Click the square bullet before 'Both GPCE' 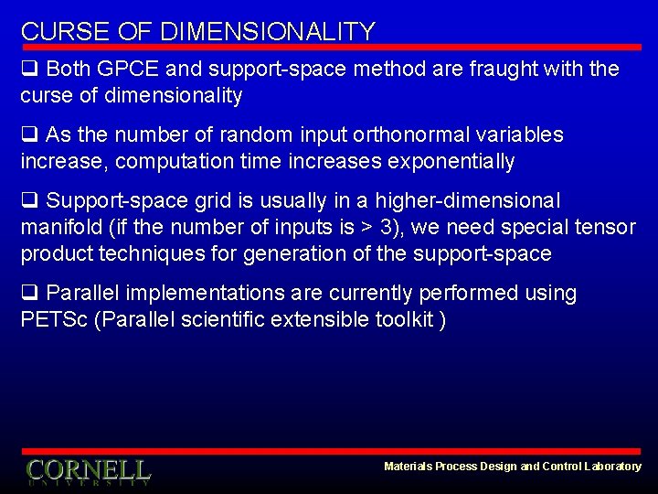click(x=29, y=70)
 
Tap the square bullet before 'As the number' click(x=29, y=135)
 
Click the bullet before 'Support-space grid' click(x=29, y=201)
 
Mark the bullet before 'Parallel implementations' click(x=29, y=294)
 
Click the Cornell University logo click(x=88, y=471)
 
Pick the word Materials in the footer click(x=409, y=467)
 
